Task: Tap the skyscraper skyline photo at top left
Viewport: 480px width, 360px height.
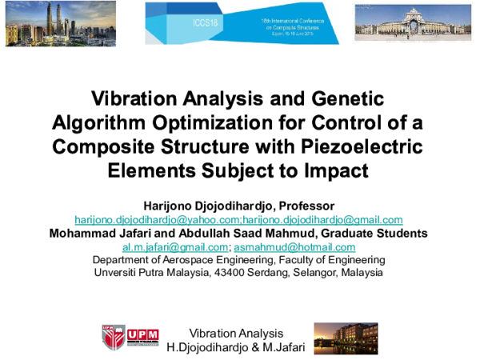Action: [x=58, y=22]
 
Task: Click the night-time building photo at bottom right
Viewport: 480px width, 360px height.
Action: [x=345, y=338]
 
